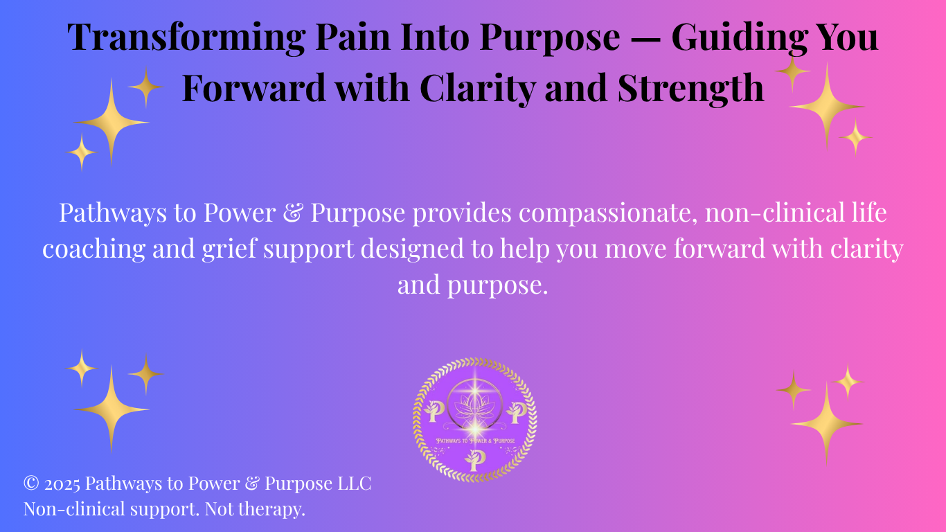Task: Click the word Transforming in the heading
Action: (186, 38)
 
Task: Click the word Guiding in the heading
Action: (739, 38)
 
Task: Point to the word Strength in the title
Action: (691, 89)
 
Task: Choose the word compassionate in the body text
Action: (608, 213)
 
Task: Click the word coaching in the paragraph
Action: (93, 249)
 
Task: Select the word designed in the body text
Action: (412, 249)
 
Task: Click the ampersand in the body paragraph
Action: (293, 213)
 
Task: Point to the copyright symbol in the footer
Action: (31, 483)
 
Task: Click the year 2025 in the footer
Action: (62, 484)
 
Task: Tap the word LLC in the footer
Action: (354, 484)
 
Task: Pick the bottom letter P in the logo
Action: (475, 461)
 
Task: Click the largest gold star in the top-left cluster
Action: (111, 123)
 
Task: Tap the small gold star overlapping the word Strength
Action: (792, 72)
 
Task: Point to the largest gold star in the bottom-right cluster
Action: (826, 423)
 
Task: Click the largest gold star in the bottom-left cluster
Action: (111, 409)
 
